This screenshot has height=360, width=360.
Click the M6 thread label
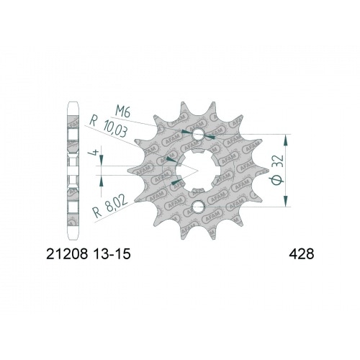pyautogui.click(x=125, y=110)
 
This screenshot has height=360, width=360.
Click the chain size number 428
pyautogui.click(x=297, y=254)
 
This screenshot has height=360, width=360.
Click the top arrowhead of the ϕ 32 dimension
pyautogui.click(x=287, y=137)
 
